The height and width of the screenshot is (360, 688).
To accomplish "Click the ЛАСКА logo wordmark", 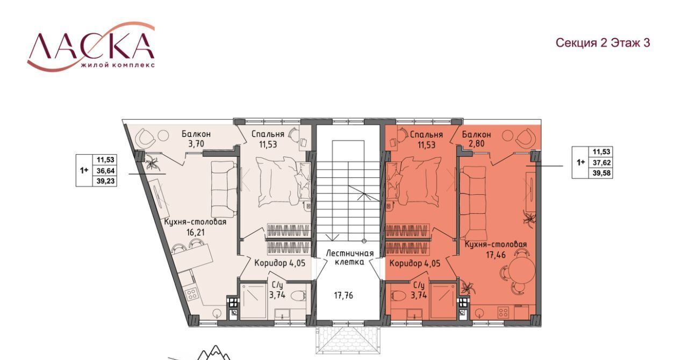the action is (91, 46).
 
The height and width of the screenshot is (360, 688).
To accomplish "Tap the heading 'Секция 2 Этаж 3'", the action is (603, 43).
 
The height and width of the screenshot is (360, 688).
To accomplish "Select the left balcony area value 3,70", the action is (196, 144).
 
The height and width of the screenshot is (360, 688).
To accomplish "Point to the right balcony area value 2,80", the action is (476, 143).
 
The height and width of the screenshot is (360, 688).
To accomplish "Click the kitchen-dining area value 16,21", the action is (195, 232).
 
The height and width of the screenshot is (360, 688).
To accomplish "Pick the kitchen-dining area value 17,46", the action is (496, 255).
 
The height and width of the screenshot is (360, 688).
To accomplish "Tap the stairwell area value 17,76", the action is (343, 296).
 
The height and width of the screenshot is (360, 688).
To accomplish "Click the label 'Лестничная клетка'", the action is (349, 257).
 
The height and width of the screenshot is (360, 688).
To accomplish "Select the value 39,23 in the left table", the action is (105, 181).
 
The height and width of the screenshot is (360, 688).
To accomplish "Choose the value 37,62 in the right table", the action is (601, 162).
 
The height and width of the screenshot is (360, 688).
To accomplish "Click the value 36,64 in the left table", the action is (105, 170).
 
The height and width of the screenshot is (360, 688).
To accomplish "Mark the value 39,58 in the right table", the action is (601, 173).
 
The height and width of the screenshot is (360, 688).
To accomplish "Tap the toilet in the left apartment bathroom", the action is (298, 297).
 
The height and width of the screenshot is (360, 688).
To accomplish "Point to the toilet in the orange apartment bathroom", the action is (399, 296).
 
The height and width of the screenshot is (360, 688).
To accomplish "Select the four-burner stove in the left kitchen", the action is (191, 294).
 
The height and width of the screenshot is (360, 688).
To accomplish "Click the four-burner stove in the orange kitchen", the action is (503, 313).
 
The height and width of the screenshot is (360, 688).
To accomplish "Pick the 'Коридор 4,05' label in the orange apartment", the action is (415, 263).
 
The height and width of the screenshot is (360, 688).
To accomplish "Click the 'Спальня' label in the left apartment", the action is (268, 134).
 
